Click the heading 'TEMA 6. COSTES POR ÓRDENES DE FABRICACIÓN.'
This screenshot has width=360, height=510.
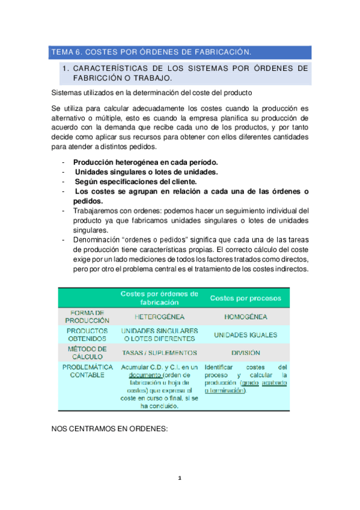click(x=150, y=52)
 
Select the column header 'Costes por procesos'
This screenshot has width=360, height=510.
click(x=245, y=298)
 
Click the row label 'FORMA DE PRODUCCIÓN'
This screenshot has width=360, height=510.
click(x=88, y=316)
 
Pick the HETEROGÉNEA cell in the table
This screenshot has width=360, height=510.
click(x=159, y=316)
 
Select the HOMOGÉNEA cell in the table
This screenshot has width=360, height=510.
click(x=245, y=316)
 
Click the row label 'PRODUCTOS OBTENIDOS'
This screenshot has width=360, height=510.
click(x=88, y=334)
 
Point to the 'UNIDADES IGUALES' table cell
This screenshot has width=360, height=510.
click(x=245, y=335)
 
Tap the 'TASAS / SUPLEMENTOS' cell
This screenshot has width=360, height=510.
click(x=159, y=353)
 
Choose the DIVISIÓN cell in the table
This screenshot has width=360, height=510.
click(x=245, y=353)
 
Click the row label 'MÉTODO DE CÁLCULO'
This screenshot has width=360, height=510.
click(x=88, y=352)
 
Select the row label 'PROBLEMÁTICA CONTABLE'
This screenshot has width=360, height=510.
click(x=88, y=370)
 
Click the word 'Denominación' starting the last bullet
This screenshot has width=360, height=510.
click(x=98, y=240)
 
